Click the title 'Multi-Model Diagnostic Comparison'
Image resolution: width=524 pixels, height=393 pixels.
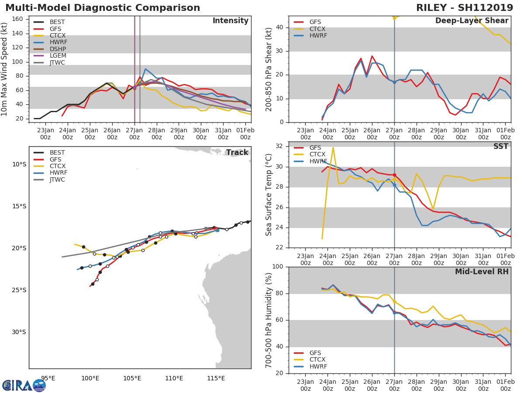pyautogui.click(x=103, y=8)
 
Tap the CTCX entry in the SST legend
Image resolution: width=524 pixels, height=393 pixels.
pyautogui.click(x=317, y=154)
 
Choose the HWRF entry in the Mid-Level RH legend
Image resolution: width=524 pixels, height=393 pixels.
pyautogui.click(x=317, y=366)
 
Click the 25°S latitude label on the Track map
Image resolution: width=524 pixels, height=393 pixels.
pyautogui.click(x=19, y=290)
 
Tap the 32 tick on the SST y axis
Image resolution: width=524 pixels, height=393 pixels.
pyautogui.click(x=280, y=146)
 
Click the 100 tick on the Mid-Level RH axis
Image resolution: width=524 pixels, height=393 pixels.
pyautogui.click(x=278, y=267)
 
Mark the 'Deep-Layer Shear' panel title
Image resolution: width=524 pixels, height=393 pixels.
pyautogui.click(x=472, y=21)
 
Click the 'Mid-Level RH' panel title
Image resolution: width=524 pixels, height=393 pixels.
pyautogui.click(x=482, y=272)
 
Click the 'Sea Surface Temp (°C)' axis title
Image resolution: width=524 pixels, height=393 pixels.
pyautogui.click(x=269, y=195)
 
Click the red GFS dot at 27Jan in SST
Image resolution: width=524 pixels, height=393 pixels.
pyautogui.click(x=394, y=175)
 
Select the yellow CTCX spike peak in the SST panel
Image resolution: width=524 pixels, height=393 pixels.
pyautogui.click(x=333, y=147)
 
